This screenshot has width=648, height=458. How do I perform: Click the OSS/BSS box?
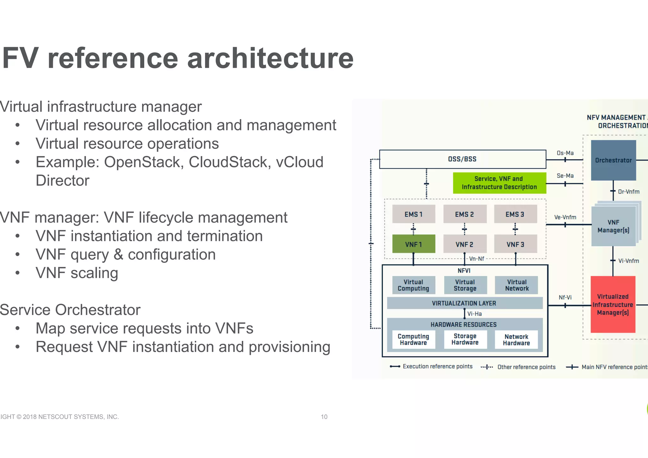462,159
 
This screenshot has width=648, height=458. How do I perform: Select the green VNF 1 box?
414,244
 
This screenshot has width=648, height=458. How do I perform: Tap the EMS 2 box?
464,214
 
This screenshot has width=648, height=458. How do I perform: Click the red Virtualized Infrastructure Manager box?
613,304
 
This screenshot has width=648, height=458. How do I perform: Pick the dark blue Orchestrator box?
613,160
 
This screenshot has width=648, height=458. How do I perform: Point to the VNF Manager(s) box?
613,226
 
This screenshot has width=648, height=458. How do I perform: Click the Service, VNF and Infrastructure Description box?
499,183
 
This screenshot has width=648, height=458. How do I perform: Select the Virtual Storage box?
465,285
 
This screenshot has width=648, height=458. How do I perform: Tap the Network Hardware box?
516,340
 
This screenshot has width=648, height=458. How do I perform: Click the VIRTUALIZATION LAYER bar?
464,303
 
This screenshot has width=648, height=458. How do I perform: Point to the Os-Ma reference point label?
565,153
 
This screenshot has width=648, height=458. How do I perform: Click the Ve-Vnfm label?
565,217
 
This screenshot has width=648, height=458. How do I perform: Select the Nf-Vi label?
565,297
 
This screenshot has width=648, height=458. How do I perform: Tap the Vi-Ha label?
475,314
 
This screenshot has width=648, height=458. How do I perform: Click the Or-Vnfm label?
628,191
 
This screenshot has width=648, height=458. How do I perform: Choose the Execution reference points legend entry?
437,366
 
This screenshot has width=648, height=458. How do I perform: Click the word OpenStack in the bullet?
144,162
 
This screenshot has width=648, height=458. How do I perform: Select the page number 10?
324,417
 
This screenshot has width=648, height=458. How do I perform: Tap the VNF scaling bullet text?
77,273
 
